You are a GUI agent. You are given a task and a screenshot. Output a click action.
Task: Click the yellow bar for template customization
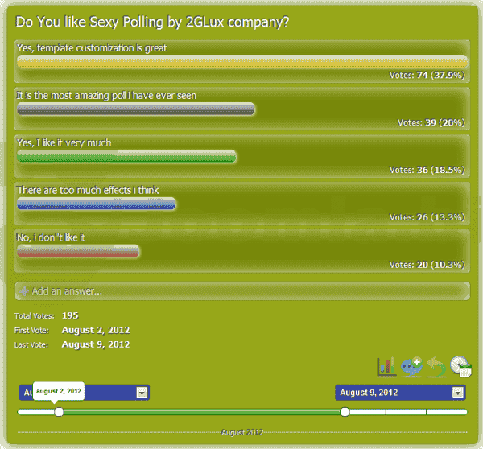click(x=242, y=62)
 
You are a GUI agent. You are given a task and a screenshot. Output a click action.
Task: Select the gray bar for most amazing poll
click(x=135, y=109)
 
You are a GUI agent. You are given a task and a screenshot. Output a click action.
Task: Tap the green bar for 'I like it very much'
click(x=126, y=156)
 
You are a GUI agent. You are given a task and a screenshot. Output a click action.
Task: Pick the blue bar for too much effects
click(x=96, y=204)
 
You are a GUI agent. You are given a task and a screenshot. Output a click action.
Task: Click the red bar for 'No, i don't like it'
click(x=78, y=251)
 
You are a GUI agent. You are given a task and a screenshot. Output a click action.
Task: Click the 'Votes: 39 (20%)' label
click(x=431, y=123)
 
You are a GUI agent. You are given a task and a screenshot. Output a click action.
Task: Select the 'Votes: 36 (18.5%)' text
click(x=427, y=171)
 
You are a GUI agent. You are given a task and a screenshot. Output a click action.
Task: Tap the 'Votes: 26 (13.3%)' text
click(x=427, y=217)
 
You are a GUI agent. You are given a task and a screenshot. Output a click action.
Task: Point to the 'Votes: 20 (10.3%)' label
click(x=427, y=265)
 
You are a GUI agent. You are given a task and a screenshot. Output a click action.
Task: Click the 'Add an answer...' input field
click(x=242, y=290)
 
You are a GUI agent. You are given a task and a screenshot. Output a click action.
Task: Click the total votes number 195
click(x=70, y=315)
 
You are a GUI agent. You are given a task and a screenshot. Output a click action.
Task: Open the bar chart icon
click(x=386, y=366)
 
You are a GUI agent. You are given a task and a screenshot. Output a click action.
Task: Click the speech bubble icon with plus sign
click(x=411, y=366)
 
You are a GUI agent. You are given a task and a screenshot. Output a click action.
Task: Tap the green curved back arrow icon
click(x=436, y=366)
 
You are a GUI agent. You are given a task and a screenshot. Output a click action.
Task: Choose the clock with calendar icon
click(x=460, y=366)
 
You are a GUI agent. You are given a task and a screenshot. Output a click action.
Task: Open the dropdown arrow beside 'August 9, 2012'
click(x=457, y=393)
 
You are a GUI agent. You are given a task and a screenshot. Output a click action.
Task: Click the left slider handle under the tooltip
click(x=59, y=412)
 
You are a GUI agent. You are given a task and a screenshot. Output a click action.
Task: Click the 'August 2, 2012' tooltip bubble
click(x=59, y=391)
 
